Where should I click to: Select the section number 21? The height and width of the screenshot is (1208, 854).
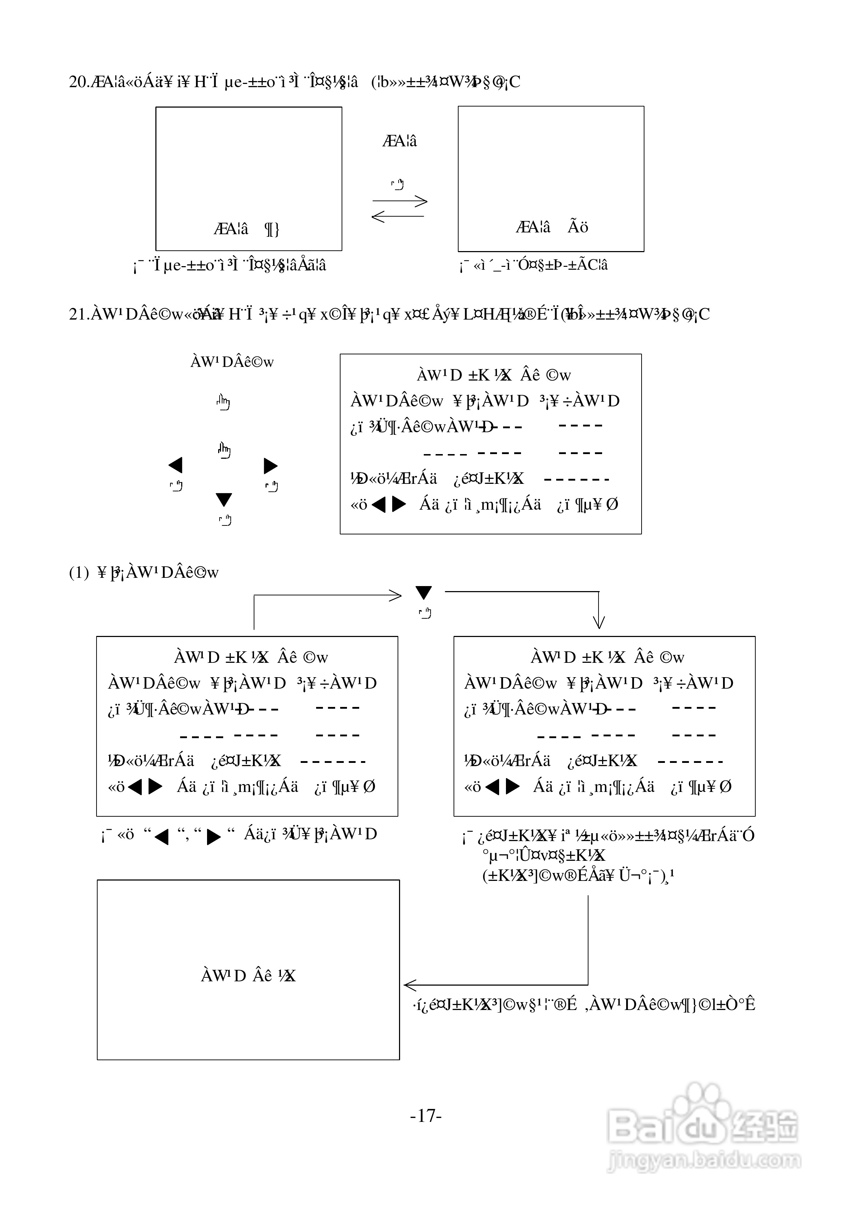click(79, 314)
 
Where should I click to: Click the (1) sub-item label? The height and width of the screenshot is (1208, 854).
click(79, 572)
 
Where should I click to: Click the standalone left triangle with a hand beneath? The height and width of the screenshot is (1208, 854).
click(175, 465)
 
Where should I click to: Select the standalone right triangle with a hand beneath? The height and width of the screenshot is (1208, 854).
click(271, 466)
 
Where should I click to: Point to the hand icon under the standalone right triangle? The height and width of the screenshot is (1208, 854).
click(272, 487)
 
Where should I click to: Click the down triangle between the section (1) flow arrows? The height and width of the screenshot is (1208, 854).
click(424, 593)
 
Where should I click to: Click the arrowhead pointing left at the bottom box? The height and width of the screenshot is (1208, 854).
click(410, 985)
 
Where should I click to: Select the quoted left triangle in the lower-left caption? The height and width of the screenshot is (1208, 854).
click(161, 836)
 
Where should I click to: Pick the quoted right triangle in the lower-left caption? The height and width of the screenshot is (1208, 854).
click(213, 836)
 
